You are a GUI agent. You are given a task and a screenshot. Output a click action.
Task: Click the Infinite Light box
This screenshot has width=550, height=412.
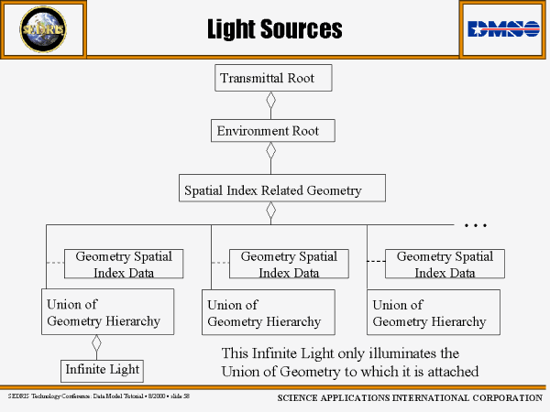click(x=103, y=370)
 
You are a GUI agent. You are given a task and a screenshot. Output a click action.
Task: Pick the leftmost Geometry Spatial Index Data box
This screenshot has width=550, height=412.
click(x=124, y=264)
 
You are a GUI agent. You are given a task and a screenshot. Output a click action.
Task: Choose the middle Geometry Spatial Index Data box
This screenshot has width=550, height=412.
click(x=289, y=264)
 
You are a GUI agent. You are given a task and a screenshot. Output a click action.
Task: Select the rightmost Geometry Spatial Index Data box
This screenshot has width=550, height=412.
click(x=445, y=264)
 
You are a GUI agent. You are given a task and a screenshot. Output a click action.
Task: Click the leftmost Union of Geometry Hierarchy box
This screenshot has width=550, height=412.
click(x=108, y=312)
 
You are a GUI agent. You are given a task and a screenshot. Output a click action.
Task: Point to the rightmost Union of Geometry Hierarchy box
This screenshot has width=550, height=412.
click(x=434, y=313)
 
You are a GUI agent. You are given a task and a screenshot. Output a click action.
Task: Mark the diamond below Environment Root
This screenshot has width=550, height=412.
click(x=271, y=152)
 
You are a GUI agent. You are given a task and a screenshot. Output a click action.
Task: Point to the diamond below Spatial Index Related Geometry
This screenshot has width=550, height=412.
click(x=271, y=211)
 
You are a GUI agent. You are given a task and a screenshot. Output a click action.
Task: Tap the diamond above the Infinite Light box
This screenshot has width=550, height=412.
click(x=96, y=345)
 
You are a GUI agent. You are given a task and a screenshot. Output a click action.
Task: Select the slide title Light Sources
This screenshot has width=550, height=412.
click(x=274, y=29)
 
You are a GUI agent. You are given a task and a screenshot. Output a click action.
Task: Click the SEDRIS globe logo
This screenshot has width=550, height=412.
click(x=43, y=29)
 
